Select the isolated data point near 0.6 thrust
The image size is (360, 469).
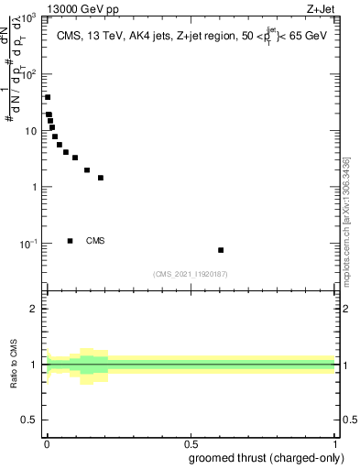coord(221,250)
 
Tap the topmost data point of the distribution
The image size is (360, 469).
coord(48,97)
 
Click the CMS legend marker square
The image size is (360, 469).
coord(70,241)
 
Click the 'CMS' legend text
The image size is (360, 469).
coord(95,241)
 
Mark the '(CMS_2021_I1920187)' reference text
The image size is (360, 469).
coord(190,274)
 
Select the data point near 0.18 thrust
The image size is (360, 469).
coord(101,178)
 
